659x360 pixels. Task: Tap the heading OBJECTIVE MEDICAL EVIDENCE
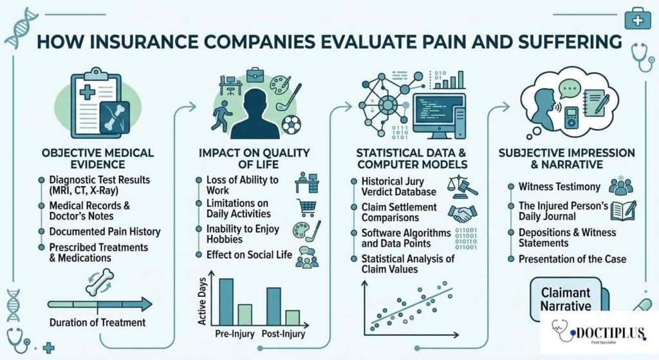[x=97, y=158]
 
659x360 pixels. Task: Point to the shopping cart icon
[x=307, y=207]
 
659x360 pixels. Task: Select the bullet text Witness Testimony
[x=559, y=187]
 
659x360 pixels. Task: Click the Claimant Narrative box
[x=565, y=298]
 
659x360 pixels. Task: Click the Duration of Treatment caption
[x=97, y=322]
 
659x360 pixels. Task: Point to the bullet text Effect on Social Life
[x=249, y=255]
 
